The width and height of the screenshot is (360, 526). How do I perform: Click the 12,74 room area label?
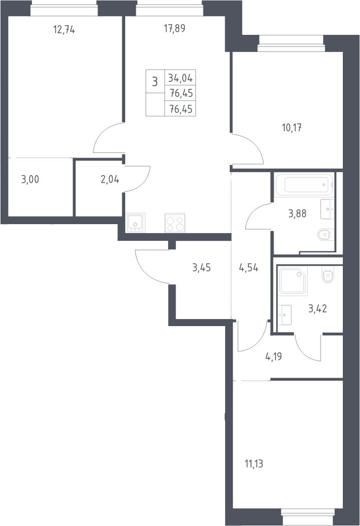click(64, 30)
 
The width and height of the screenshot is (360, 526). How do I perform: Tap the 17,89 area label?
click(175, 28)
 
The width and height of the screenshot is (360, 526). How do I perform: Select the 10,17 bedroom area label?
click(292, 128)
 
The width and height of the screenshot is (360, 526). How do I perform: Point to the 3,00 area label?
click(30, 180)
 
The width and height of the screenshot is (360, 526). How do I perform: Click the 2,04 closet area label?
click(110, 180)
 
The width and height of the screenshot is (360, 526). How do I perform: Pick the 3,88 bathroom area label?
click(297, 214)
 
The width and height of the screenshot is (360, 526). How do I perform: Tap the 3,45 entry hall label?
click(201, 268)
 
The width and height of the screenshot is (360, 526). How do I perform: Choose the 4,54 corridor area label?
click(248, 268)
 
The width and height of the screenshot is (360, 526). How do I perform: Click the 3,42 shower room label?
click(318, 308)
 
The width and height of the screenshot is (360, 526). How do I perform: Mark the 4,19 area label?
click(274, 356)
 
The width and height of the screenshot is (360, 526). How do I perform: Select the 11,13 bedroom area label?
click(254, 464)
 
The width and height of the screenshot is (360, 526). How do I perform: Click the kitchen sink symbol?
click(135, 223)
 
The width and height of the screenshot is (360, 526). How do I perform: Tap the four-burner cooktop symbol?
click(175, 223)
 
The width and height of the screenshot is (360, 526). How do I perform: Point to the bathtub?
click(304, 184)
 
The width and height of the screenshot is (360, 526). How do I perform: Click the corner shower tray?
click(293, 281)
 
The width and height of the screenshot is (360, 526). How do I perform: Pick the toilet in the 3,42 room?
click(327, 275)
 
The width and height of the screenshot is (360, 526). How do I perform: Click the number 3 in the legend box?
click(155, 81)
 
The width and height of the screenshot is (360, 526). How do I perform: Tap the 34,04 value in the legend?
click(180, 78)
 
